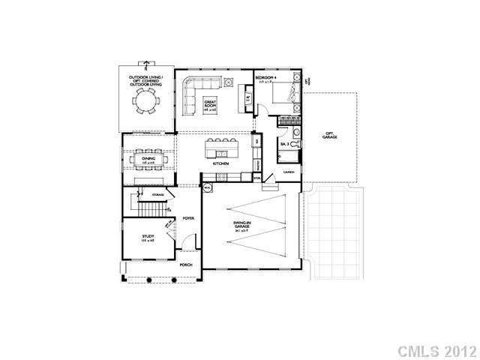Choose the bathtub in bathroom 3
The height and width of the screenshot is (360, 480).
288,156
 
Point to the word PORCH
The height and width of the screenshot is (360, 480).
186,265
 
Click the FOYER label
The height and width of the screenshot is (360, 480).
189,218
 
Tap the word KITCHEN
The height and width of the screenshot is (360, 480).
220,163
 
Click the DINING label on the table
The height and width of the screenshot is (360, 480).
148,158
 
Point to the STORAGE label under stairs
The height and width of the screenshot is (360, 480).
158,194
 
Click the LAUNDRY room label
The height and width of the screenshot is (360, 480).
289,172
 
